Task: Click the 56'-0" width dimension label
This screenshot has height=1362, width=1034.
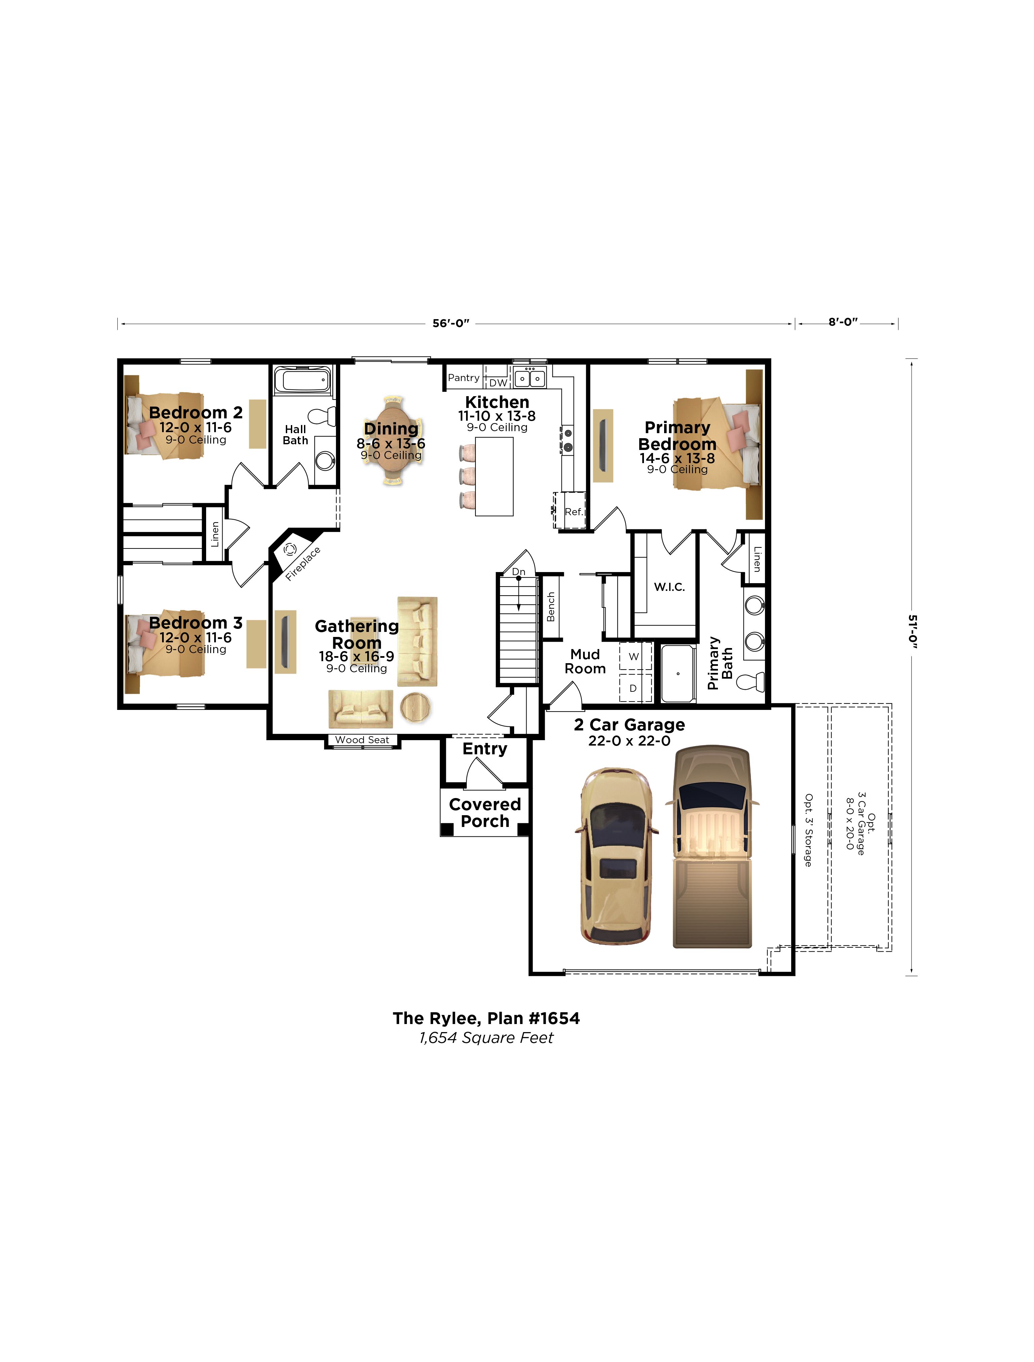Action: click(x=451, y=323)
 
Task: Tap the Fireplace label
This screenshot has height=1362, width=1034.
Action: click(x=303, y=563)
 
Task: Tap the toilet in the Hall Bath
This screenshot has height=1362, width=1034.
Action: click(x=321, y=416)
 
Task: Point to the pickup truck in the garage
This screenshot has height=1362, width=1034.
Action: click(x=713, y=847)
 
